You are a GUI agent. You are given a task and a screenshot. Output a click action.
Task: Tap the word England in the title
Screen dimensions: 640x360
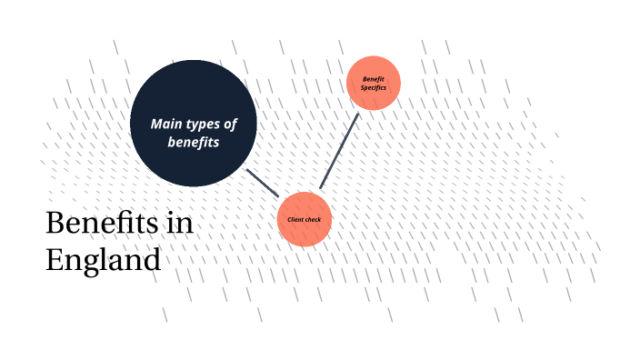(103, 260)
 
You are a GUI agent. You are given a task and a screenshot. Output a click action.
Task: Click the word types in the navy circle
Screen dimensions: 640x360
(203, 125)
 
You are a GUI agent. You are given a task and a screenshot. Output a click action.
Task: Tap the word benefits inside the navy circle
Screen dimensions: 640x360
(193, 143)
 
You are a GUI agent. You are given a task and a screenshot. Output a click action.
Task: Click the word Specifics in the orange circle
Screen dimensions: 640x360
(374, 87)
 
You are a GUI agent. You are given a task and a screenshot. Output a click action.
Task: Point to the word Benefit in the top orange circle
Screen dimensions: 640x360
(374, 79)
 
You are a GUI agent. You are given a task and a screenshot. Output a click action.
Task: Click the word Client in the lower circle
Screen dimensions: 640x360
(295, 219)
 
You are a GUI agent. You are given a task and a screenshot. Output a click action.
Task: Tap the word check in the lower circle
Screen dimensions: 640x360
(313, 219)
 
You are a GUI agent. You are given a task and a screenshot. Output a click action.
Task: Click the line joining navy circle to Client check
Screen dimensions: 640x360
(263, 183)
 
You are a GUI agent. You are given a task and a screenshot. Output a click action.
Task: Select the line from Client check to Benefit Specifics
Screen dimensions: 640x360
(339, 151)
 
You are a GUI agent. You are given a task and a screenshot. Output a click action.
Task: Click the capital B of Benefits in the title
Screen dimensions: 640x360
(54, 224)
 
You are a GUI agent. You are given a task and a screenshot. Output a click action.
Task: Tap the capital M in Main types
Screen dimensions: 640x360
(156, 124)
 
